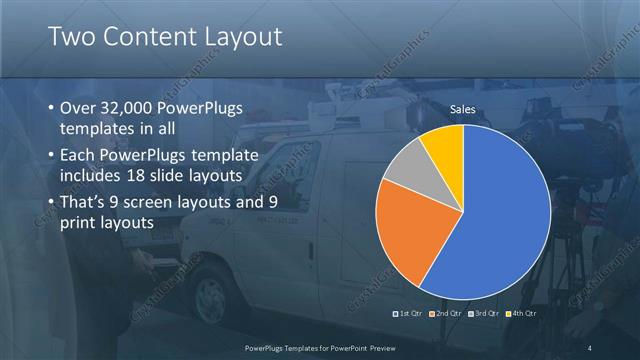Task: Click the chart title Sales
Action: point(462,108)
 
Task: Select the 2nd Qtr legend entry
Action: point(447,314)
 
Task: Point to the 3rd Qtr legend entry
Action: point(484,314)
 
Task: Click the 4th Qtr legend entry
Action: point(522,314)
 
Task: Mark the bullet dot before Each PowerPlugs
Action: point(52,155)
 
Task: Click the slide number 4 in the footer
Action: point(590,347)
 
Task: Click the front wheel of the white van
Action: point(212,297)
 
